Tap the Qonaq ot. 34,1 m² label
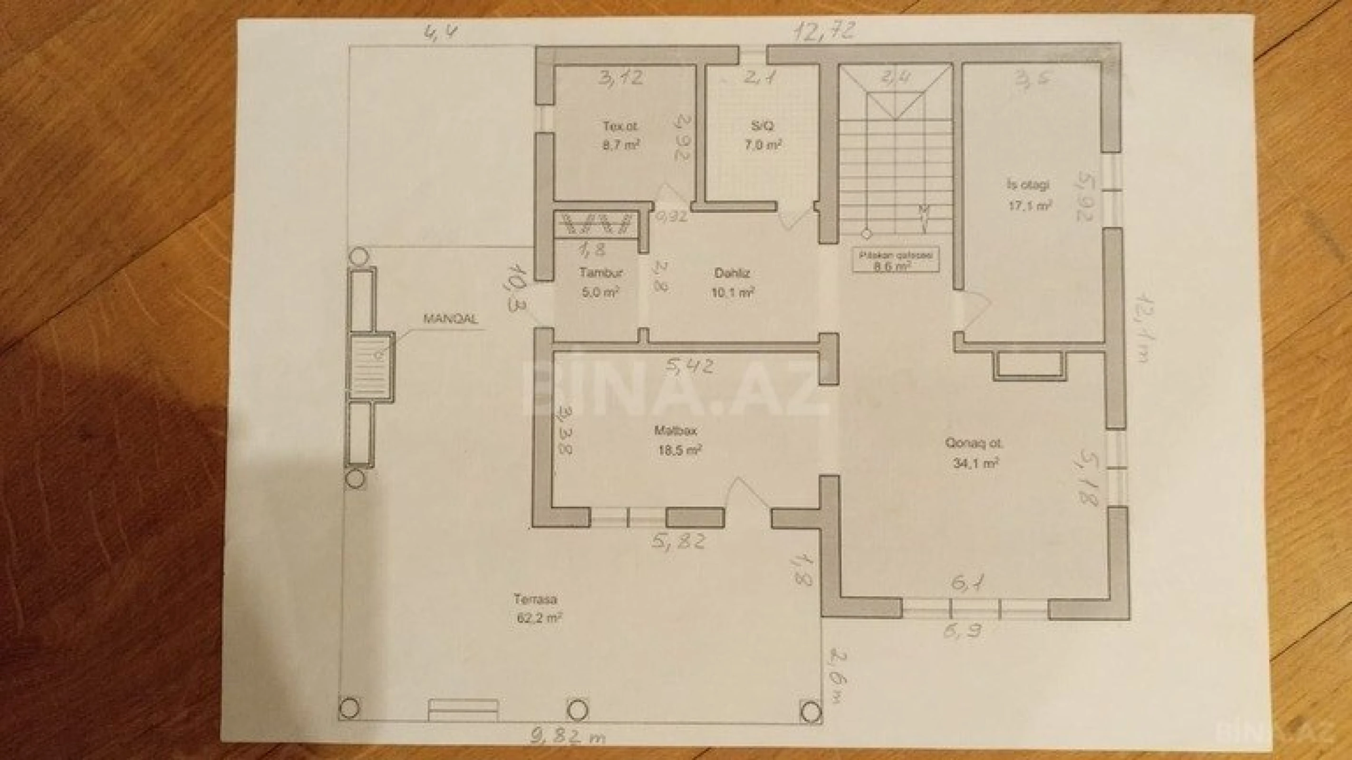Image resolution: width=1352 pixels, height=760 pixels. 974,453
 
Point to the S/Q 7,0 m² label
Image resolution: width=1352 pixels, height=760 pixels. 763,135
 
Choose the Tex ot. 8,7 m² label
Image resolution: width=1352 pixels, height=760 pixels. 620,135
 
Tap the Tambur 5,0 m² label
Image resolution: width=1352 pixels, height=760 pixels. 601,282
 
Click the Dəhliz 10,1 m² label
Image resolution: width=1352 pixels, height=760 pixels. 733,282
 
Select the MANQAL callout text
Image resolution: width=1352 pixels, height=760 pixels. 450,319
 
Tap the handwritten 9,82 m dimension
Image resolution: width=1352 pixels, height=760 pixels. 567,738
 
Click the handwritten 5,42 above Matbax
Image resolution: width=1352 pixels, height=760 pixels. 690,365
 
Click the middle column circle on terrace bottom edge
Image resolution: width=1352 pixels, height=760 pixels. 578,710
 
